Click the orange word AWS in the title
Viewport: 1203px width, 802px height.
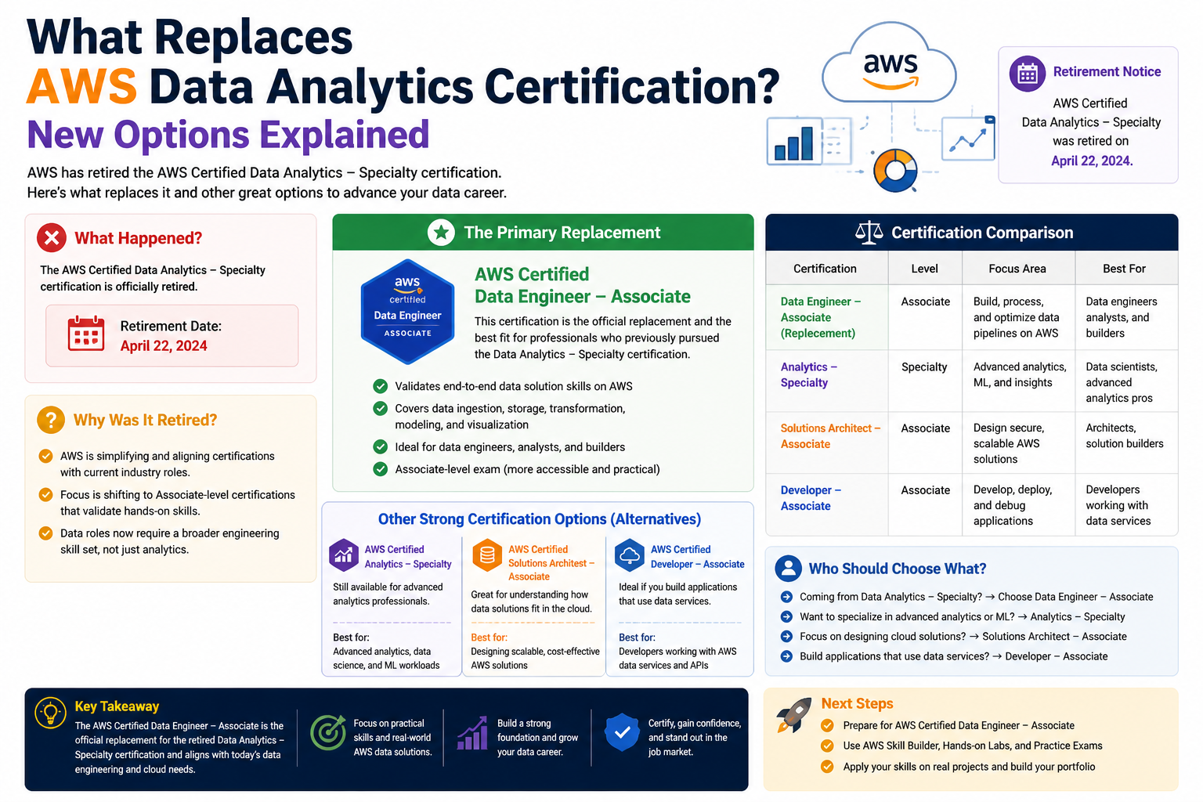[x=81, y=85]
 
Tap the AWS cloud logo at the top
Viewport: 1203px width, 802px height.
[x=890, y=63]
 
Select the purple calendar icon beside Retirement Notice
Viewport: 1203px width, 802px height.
[x=1027, y=73]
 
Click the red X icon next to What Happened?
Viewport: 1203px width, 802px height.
[x=52, y=237]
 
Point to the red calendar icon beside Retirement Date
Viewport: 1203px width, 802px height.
[x=86, y=334]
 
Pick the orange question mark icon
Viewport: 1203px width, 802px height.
[x=51, y=420]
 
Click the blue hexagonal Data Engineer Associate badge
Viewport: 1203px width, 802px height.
[x=407, y=312]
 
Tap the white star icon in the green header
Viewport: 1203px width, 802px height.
[x=441, y=233]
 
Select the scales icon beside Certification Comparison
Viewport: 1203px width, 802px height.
[x=869, y=233]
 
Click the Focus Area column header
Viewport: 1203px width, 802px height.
[x=1017, y=269]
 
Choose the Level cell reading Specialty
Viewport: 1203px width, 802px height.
[x=924, y=367]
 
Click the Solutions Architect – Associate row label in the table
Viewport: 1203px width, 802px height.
[x=830, y=435]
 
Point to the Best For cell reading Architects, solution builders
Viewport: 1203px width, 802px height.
[x=1125, y=435]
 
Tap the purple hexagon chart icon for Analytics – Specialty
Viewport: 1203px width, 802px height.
[x=344, y=555]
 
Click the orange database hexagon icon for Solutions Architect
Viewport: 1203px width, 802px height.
[x=487, y=555]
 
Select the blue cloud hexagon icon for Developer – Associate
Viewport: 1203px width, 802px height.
[x=630, y=555]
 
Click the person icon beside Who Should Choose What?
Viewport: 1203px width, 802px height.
[x=789, y=569]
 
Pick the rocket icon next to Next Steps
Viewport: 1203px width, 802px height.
[x=793, y=715]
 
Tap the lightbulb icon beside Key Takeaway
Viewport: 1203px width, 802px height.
[x=50, y=713]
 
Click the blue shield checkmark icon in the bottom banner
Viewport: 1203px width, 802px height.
[x=622, y=732]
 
